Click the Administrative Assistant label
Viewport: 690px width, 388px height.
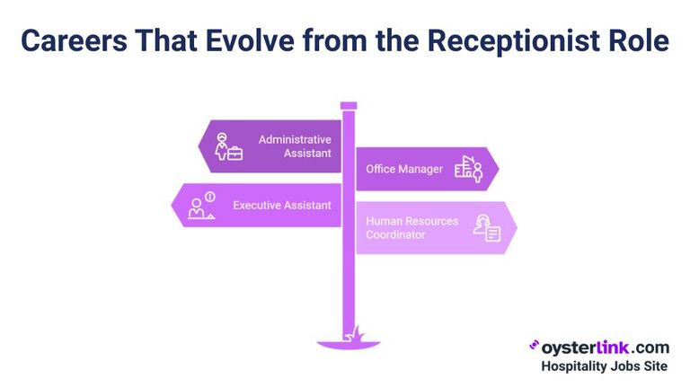[295, 146]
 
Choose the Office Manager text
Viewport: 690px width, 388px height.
[403, 169]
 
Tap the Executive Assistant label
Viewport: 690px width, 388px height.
[281, 206]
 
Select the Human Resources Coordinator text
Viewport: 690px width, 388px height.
[411, 227]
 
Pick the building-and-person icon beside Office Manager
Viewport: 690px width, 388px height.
[468, 169]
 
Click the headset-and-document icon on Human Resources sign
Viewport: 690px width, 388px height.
[486, 228]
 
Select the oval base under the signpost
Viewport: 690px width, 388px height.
[348, 342]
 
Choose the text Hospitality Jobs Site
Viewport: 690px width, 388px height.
[605, 366]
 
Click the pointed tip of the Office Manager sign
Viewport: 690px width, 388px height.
[496, 169]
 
